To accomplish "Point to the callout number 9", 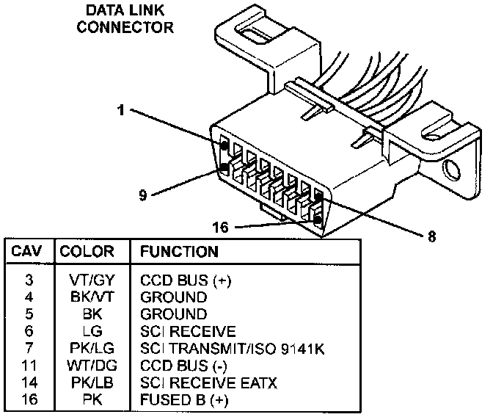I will click(x=144, y=195).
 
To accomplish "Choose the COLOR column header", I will click(x=87, y=252).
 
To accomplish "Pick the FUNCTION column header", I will click(x=179, y=252).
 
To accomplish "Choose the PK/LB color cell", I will click(x=87, y=383).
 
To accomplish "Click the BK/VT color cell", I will click(x=87, y=298).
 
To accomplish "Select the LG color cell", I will click(x=87, y=332).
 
